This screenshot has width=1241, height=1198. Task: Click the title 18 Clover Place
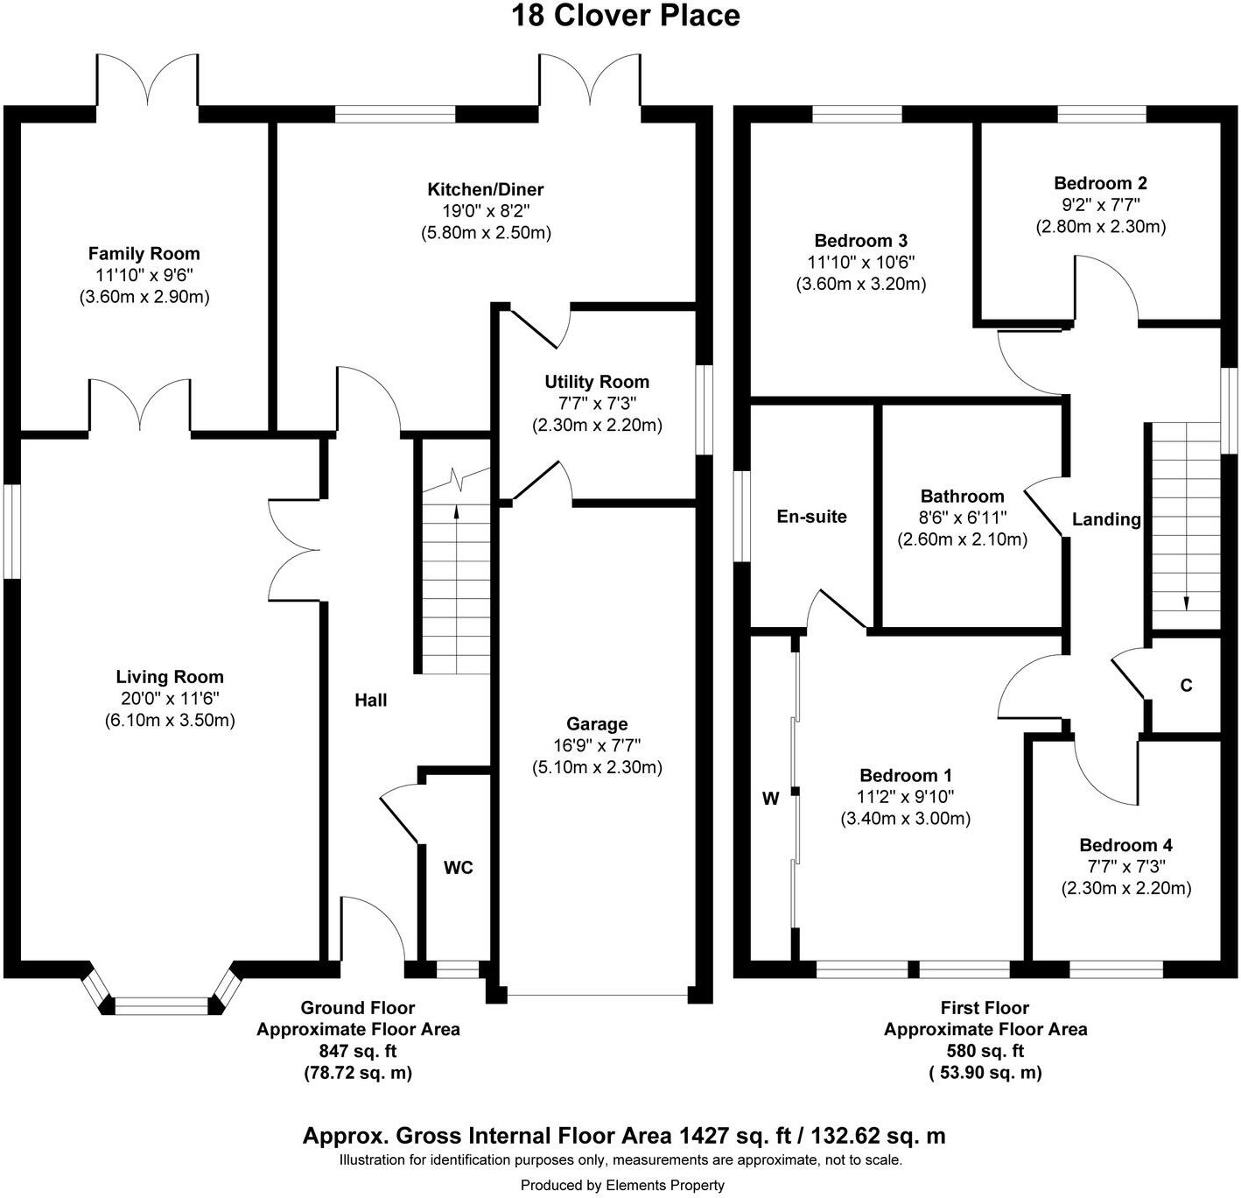tap(625, 15)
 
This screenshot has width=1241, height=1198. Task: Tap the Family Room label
tap(144, 253)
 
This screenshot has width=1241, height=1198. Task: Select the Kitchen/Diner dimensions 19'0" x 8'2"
tap(486, 211)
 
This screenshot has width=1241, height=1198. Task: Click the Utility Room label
tap(597, 382)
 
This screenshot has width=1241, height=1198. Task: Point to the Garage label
tap(597, 723)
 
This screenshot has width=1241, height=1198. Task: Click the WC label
tap(459, 867)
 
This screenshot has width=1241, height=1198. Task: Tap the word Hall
tap(370, 701)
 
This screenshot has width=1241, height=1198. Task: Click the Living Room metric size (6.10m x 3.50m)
tap(170, 720)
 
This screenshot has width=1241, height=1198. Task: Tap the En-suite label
tap(812, 517)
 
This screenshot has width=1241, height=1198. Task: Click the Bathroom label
tap(963, 496)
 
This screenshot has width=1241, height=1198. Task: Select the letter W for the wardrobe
tap(771, 799)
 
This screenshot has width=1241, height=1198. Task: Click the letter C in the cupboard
tap(1186, 685)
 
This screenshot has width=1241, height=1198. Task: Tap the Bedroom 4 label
tap(1126, 845)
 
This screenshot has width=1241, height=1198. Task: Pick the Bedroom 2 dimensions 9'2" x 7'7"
tap(1101, 205)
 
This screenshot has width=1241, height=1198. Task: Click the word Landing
tap(1106, 519)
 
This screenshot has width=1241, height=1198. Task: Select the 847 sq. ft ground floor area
tap(358, 1051)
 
